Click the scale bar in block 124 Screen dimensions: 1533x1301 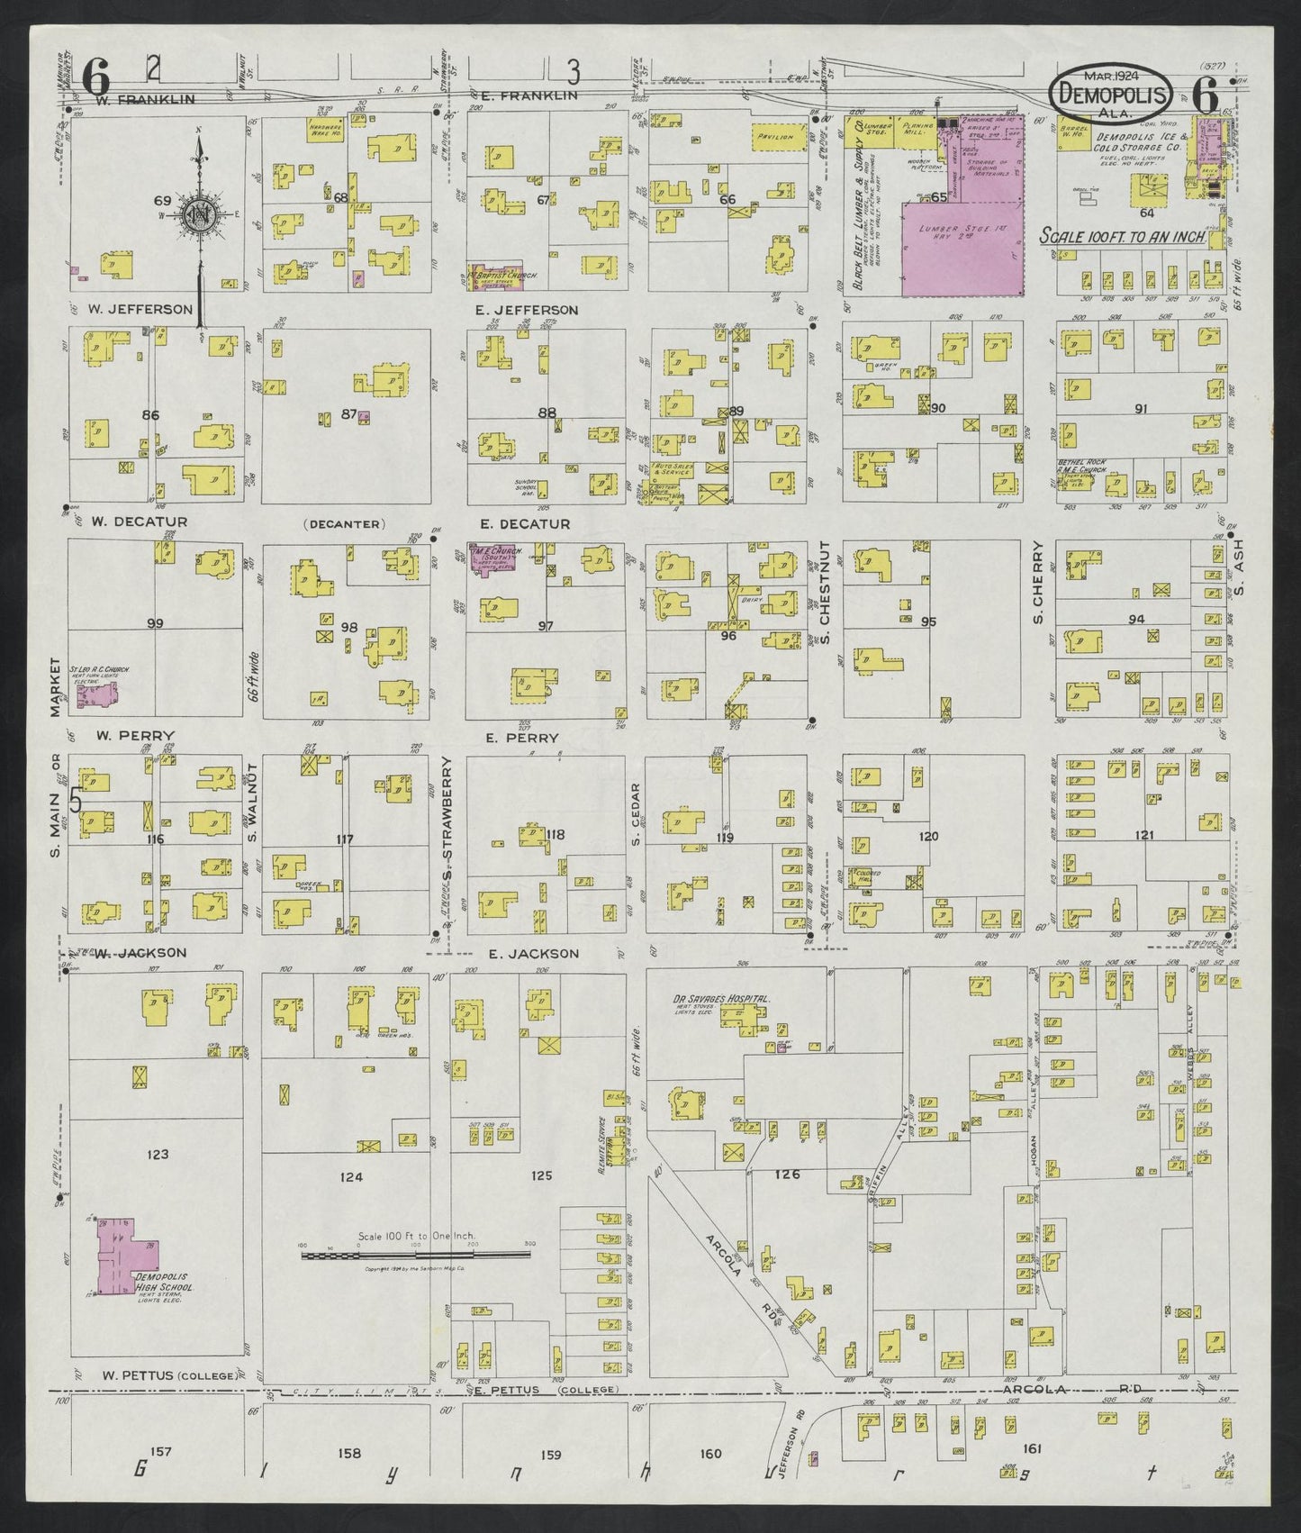coord(415,1253)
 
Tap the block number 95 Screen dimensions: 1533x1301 coord(929,621)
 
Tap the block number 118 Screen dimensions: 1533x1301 coord(555,835)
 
